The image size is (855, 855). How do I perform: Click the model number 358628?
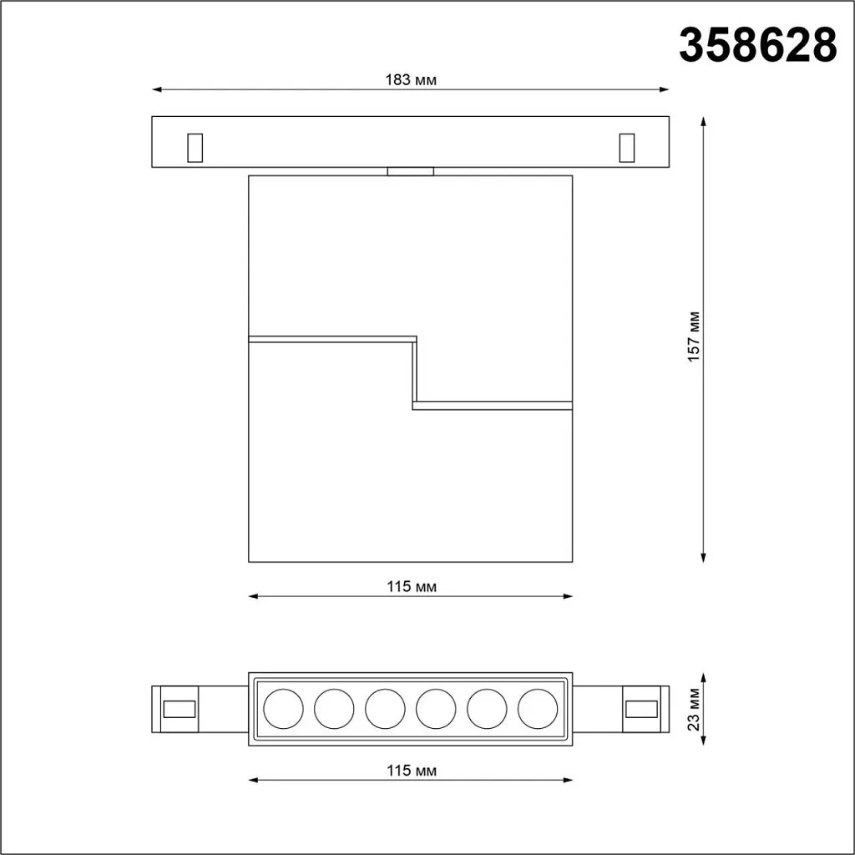(x=757, y=45)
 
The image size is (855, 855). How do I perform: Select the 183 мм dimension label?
(x=411, y=80)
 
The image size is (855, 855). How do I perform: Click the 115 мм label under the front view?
(x=411, y=587)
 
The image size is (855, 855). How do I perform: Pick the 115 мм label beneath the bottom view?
(x=411, y=771)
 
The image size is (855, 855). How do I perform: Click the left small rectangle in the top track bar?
(x=195, y=147)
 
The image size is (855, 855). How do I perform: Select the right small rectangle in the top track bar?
(x=626, y=147)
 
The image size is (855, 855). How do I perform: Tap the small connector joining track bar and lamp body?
(x=411, y=171)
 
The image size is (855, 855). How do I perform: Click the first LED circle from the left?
(x=283, y=709)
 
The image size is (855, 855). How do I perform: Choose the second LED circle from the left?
(x=334, y=709)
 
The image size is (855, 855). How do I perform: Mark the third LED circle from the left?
(x=385, y=709)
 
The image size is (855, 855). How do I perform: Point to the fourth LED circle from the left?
(x=436, y=709)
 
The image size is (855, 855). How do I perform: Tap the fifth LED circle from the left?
(x=487, y=709)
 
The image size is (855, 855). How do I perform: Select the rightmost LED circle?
(x=538, y=709)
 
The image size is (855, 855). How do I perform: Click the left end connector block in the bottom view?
(x=175, y=709)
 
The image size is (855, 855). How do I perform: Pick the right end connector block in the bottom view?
(x=645, y=709)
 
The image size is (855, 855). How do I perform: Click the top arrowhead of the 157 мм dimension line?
(x=704, y=121)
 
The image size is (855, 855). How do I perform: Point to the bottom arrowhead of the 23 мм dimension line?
(x=704, y=741)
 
